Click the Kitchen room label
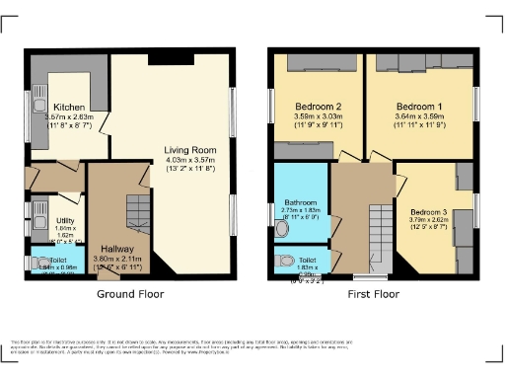pyautogui.click(x=68, y=107)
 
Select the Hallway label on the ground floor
pyautogui.click(x=118, y=250)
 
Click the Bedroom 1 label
pyautogui.click(x=419, y=106)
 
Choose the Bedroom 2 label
pyautogui.click(x=318, y=106)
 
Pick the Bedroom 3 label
pyautogui.click(x=428, y=212)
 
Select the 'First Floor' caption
pyautogui.click(x=373, y=294)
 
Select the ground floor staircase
pyautogui.click(x=138, y=210)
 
